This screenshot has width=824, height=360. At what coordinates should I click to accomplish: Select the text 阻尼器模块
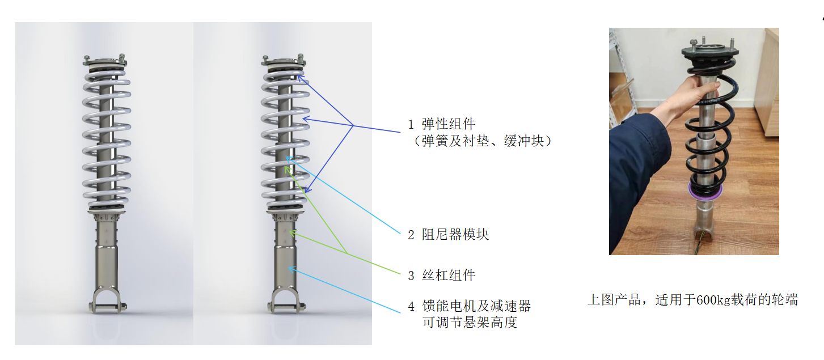click(x=455, y=234)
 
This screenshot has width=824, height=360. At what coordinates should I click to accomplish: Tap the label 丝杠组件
click(x=449, y=276)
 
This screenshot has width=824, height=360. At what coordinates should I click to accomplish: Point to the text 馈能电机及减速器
click(x=476, y=307)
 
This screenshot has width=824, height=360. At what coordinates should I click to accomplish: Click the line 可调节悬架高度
click(x=470, y=323)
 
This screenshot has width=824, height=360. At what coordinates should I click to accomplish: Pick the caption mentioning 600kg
click(x=692, y=300)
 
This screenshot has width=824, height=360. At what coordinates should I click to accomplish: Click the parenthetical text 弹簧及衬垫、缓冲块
click(x=483, y=141)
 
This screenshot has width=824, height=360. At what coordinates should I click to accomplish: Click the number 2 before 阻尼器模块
click(x=411, y=235)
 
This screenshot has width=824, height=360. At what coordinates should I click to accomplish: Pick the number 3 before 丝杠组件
click(x=411, y=276)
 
